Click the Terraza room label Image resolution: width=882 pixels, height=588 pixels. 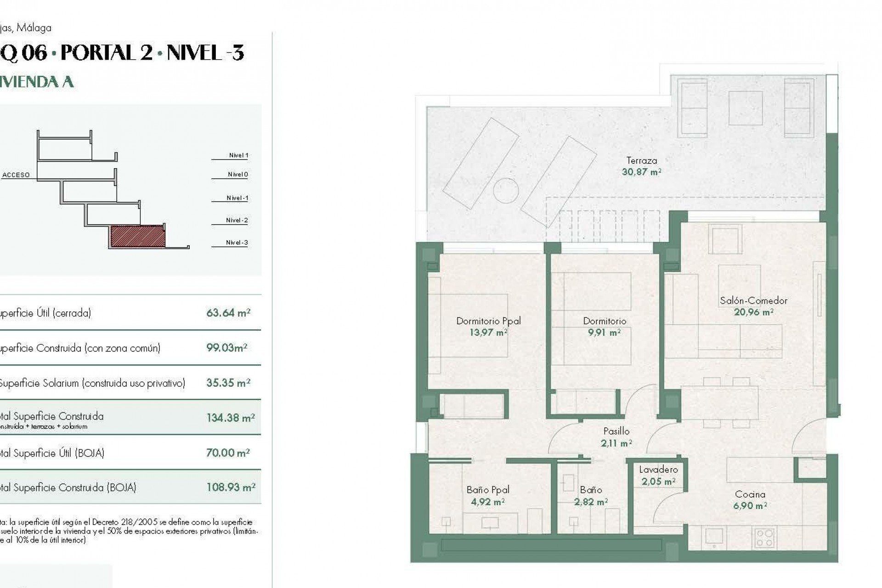[641, 161]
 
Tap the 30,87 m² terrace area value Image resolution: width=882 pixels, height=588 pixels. [641, 172]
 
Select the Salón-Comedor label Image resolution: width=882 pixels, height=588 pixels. [753, 301]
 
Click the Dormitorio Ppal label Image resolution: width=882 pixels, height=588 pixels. [488, 321]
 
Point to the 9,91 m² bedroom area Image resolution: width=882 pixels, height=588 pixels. [604, 333]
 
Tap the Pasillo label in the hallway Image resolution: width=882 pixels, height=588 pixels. [616, 431]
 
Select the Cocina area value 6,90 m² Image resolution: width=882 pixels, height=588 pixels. [750, 506]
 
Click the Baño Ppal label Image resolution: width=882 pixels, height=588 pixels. [488, 490]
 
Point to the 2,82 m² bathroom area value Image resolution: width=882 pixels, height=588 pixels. [591, 502]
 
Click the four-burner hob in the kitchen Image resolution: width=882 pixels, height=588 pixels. [764, 538]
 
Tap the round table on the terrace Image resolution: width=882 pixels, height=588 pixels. [506, 190]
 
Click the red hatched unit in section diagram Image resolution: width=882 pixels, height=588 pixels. [137, 236]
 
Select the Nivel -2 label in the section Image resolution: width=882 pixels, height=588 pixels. [237, 220]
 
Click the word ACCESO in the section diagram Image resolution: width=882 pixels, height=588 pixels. [16, 175]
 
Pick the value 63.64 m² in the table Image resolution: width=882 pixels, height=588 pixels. [228, 313]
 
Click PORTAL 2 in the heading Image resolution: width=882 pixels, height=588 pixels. [107, 53]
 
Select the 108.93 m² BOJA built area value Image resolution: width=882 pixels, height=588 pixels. [231, 487]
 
